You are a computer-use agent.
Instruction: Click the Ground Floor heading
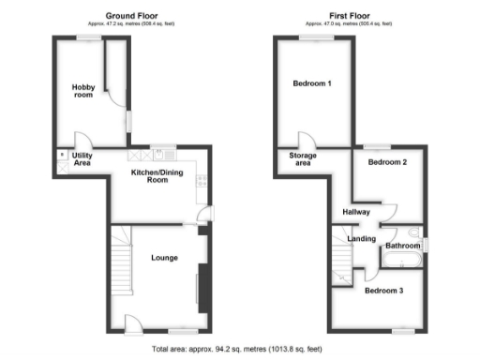pyautogui.click(x=129, y=15)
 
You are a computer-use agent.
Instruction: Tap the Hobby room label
pyautogui.click(x=83, y=91)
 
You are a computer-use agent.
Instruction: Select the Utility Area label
pyautogui.click(x=82, y=159)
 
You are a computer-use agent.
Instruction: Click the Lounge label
pyautogui.click(x=164, y=258)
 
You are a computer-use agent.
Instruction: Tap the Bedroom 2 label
pyautogui.click(x=386, y=162)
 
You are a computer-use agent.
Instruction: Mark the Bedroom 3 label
pyautogui.click(x=382, y=290)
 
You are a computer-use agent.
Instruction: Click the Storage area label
pyautogui.click(x=302, y=158)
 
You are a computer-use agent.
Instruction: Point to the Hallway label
pyautogui.click(x=356, y=213)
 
